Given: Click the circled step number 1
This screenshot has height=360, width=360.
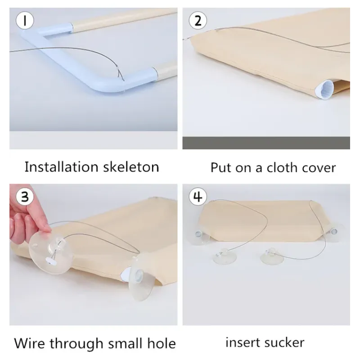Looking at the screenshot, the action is [25, 20].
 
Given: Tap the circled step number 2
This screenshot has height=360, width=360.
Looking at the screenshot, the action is [198, 20].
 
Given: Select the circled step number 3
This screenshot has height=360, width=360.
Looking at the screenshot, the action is [25, 197].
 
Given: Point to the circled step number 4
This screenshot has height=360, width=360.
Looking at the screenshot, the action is [198, 197].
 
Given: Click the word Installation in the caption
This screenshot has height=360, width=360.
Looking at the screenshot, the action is [62, 167].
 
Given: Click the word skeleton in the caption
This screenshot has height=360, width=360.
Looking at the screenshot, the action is [131, 167].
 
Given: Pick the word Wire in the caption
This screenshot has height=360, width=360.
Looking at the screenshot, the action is [30, 343].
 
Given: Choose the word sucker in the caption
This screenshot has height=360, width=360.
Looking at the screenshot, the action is [284, 342].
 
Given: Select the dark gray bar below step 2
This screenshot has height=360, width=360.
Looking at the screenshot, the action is [266, 143].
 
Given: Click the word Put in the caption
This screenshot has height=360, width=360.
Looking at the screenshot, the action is [221, 167].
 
